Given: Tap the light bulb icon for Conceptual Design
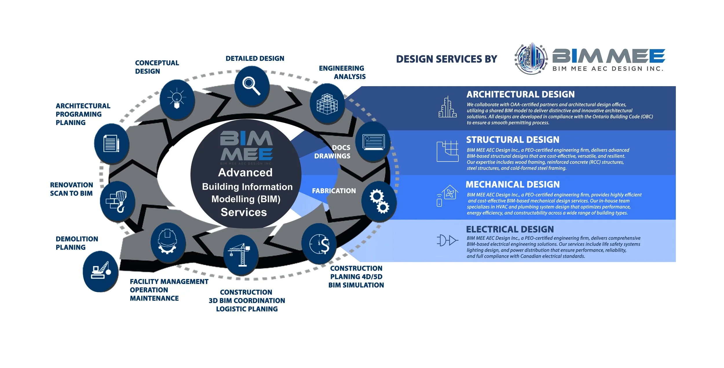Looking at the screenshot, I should (177, 99).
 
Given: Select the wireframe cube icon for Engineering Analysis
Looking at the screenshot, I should (327, 104).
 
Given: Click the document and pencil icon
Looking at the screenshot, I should (111, 143).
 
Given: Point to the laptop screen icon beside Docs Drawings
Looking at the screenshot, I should (374, 142).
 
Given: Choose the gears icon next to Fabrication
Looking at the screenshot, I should (379, 201).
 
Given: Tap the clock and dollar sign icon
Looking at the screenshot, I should (319, 244).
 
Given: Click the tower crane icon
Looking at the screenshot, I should (240, 255).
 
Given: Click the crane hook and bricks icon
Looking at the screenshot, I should (117, 201).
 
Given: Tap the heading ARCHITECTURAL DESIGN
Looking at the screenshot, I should (520, 95).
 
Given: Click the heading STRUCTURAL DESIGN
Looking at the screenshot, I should (513, 140).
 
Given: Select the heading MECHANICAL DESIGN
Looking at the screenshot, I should (513, 184).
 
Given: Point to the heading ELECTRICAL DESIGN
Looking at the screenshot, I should (510, 229).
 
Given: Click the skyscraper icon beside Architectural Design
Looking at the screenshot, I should (447, 107).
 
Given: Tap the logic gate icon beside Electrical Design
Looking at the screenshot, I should (447, 240).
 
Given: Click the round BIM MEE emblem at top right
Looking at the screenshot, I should (531, 59).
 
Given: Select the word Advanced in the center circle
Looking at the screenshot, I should (245, 173).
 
